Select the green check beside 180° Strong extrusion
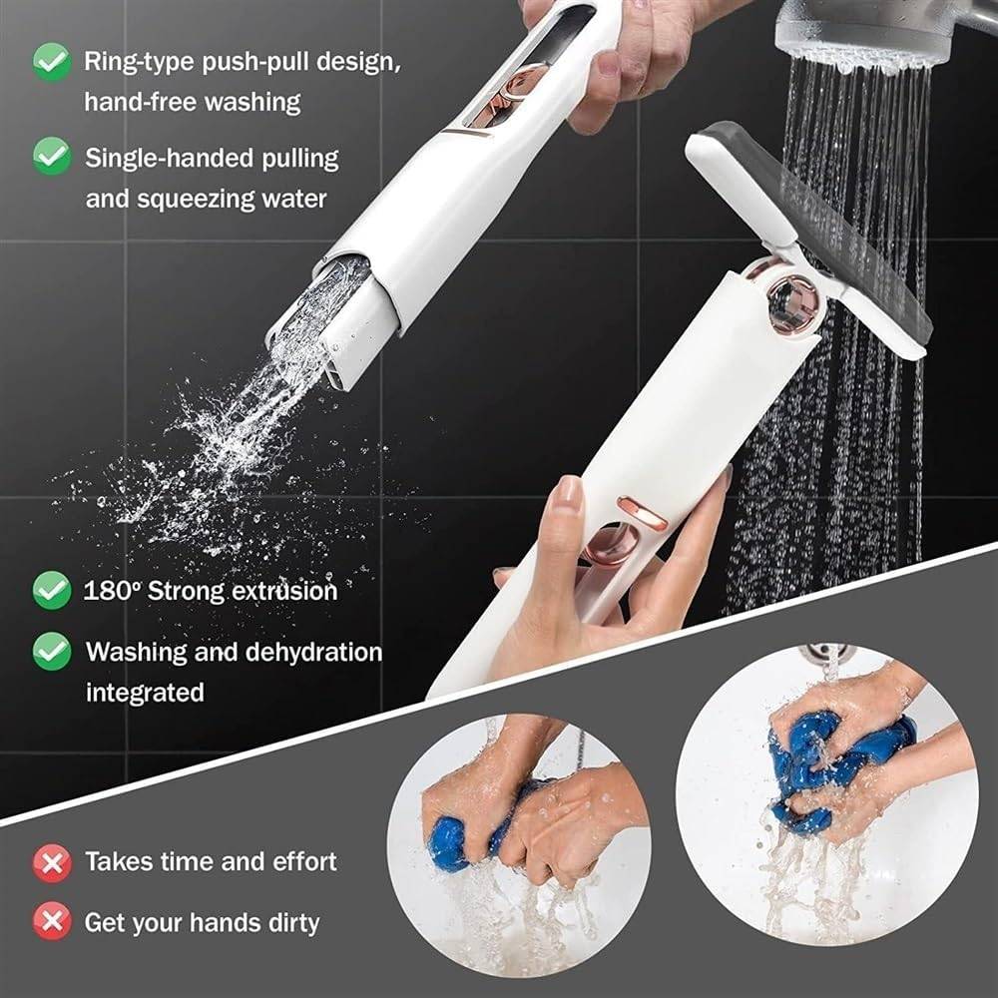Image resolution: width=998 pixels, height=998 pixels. click(x=51, y=590)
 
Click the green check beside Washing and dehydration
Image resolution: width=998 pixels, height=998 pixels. click(x=51, y=652)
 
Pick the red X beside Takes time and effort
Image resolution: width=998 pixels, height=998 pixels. click(x=51, y=861)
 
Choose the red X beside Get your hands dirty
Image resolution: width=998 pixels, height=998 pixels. click(x=51, y=921)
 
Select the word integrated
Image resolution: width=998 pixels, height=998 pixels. click(x=145, y=692)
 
